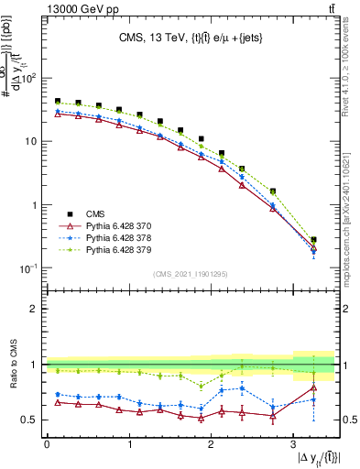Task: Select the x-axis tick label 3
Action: (x=292, y=444)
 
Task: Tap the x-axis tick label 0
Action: (x=46, y=444)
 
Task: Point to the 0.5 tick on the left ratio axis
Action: (x=33, y=420)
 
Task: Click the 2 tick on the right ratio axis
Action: (x=346, y=309)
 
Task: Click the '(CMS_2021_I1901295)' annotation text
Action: (x=191, y=274)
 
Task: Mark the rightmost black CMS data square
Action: (x=313, y=240)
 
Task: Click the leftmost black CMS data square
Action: (x=58, y=102)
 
